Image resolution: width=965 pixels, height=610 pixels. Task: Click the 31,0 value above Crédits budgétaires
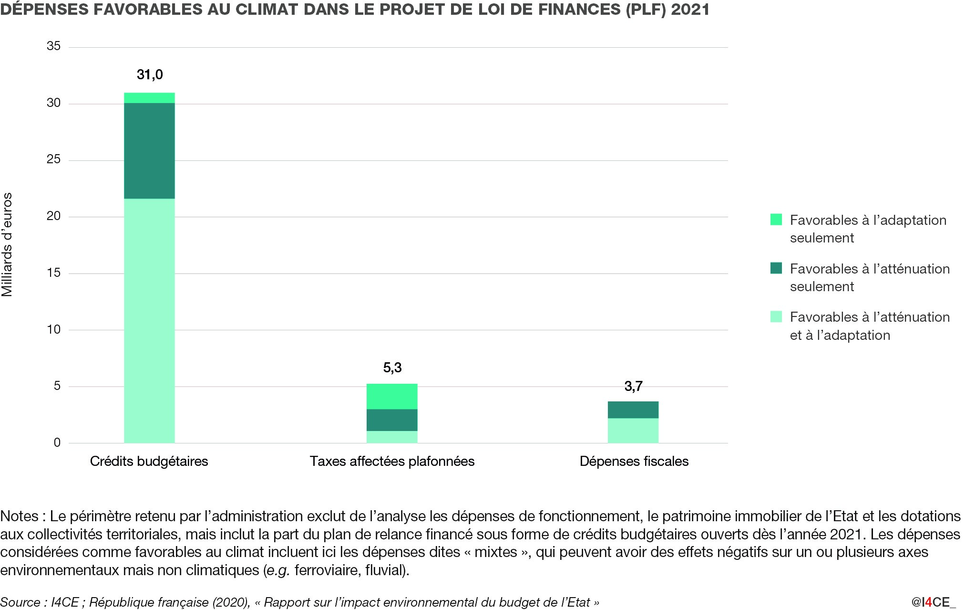(150, 75)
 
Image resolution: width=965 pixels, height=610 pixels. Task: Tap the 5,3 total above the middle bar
(392, 368)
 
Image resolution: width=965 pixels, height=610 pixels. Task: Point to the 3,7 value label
(633, 386)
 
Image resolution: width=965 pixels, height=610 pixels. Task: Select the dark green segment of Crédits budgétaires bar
(149, 151)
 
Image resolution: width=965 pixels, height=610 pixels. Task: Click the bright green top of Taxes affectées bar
(392, 396)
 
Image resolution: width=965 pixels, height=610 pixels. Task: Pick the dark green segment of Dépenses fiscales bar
(633, 410)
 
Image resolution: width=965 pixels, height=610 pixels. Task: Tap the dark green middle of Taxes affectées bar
(392, 420)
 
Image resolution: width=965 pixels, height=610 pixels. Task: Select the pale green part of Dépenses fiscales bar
(633, 431)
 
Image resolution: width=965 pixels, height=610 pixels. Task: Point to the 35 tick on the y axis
(54, 46)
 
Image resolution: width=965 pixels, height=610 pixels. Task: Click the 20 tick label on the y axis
(54, 216)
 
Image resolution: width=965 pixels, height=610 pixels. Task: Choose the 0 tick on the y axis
(57, 442)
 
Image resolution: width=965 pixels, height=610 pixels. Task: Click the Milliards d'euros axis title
(7, 244)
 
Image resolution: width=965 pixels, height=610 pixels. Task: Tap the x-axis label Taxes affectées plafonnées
(392, 461)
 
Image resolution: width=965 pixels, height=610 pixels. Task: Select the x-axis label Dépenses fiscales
(634, 461)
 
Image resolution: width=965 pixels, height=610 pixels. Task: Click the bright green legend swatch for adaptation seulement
(776, 220)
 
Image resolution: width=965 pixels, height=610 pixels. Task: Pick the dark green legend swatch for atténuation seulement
(776, 268)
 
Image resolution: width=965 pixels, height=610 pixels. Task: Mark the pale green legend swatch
(776, 316)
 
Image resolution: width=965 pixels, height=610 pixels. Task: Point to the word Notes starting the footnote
(20, 516)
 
